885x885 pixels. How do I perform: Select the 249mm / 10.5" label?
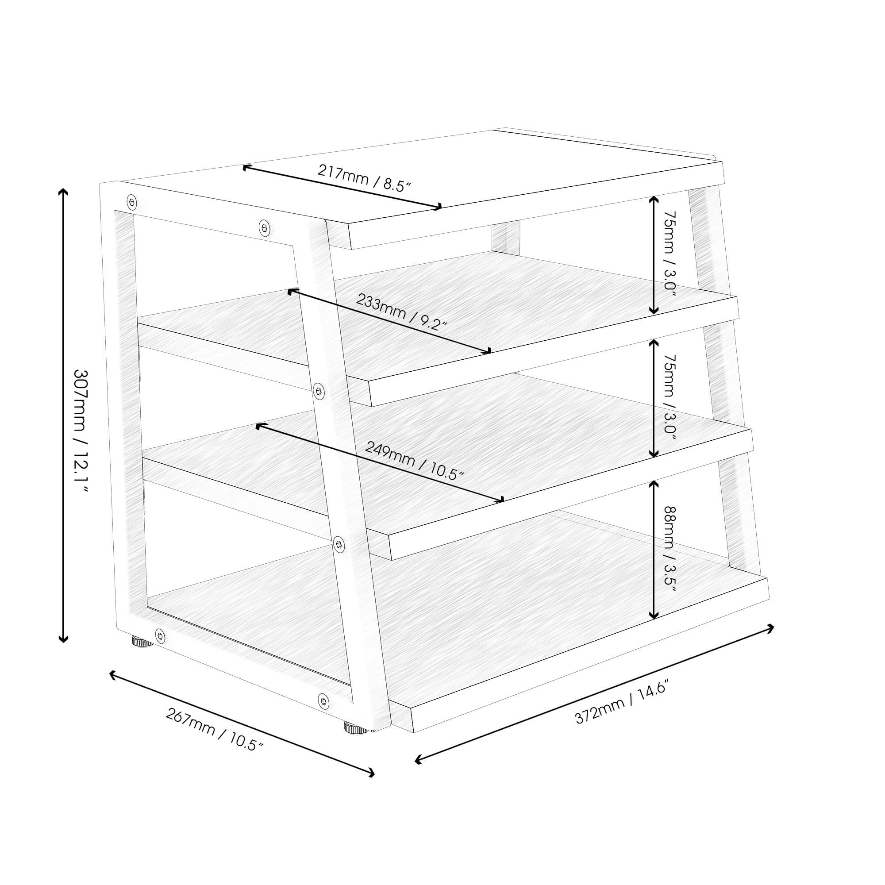tap(415, 461)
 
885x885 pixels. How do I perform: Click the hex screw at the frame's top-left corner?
tap(132, 201)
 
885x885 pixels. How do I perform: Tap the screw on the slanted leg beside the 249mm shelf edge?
tap(339, 544)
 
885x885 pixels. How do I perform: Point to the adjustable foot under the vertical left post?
tap(143, 642)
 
